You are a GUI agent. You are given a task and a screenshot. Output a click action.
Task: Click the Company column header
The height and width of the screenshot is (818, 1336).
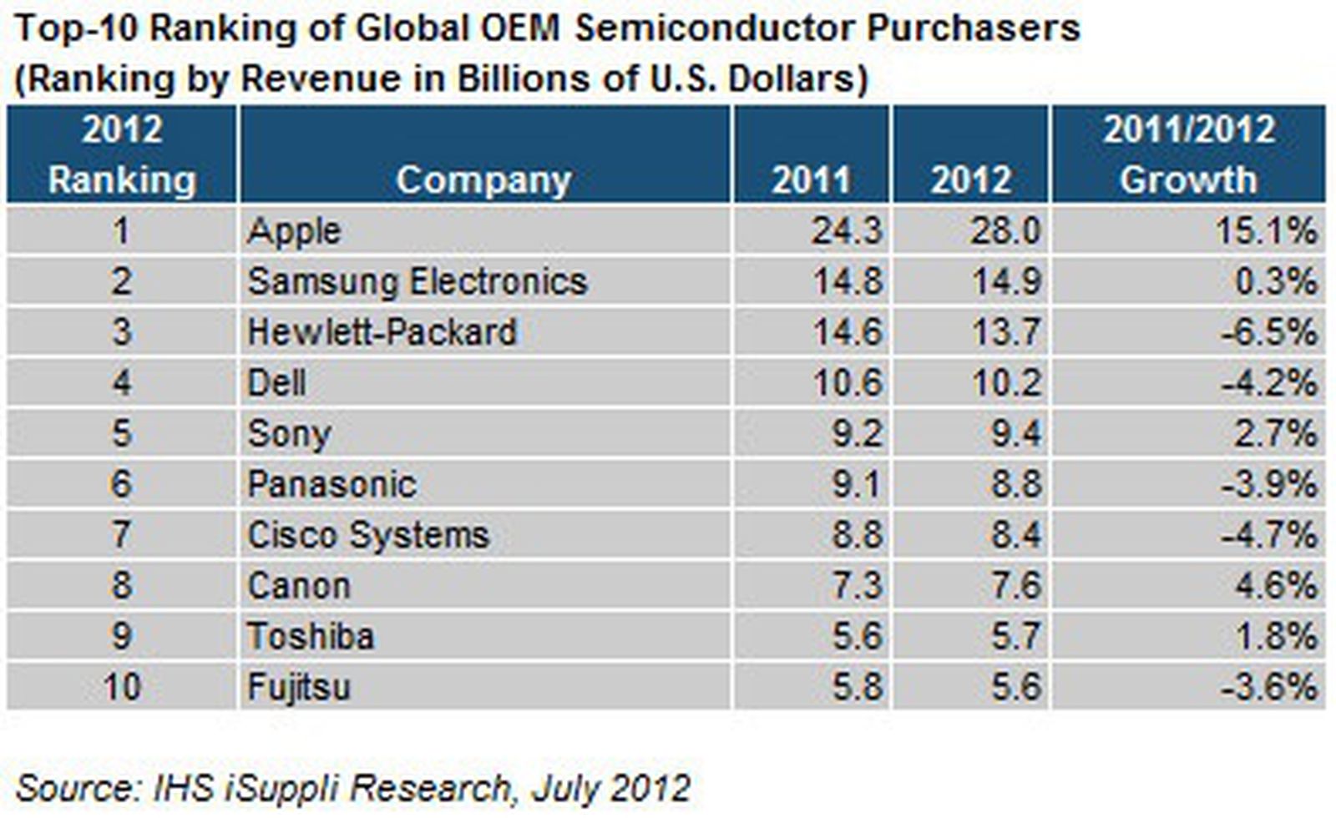pyautogui.click(x=483, y=179)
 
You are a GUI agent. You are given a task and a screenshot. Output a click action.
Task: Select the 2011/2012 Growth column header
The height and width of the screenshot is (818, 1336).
pyautogui.click(x=1188, y=154)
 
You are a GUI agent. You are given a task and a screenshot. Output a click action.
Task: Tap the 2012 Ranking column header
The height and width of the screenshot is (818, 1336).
pyautogui.click(x=122, y=154)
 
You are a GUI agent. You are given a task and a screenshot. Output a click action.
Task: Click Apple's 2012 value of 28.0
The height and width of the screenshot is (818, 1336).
pyautogui.click(x=1005, y=230)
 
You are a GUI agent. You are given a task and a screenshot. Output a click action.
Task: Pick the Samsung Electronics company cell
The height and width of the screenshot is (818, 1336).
pyautogui.click(x=417, y=281)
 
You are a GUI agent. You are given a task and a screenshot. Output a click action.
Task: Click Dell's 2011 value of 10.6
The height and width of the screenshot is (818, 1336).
pyautogui.click(x=847, y=383)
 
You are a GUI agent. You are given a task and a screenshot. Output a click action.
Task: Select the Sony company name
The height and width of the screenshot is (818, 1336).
pyautogui.click(x=289, y=434)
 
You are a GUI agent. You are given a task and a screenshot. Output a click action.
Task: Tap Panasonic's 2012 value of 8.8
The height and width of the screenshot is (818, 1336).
pyautogui.click(x=1016, y=485)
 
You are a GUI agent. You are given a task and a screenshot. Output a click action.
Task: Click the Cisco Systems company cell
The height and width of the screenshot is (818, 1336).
pyautogui.click(x=368, y=535)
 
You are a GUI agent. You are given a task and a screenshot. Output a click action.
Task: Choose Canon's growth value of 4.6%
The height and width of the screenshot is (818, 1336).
pyautogui.click(x=1277, y=586)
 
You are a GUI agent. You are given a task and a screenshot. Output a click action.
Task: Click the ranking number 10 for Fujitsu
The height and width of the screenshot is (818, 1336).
pyautogui.click(x=122, y=688)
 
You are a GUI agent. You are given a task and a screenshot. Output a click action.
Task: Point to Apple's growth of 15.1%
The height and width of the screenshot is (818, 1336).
pyautogui.click(x=1266, y=230)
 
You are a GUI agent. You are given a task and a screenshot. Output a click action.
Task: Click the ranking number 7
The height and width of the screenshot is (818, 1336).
pyautogui.click(x=122, y=535)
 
